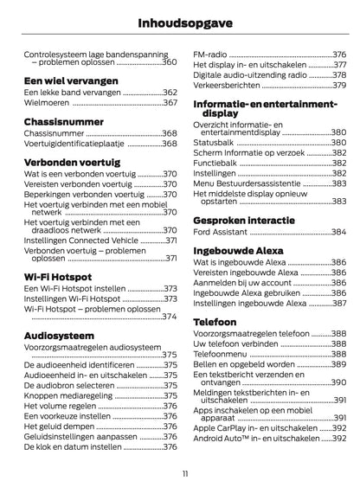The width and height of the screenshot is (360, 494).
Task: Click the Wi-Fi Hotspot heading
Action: click(x=60, y=277)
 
